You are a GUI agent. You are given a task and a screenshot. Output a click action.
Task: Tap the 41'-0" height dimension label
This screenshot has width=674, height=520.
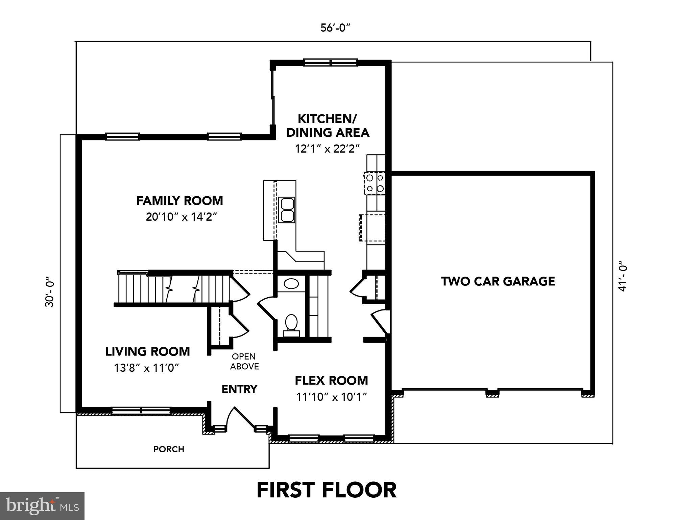(x=623, y=276)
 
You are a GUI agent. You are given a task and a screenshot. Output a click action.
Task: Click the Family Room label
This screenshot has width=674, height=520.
(x=179, y=201)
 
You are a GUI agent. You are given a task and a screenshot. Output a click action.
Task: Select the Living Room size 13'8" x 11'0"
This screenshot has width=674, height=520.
(x=146, y=368)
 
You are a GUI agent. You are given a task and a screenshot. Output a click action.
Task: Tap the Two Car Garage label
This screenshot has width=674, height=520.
(x=498, y=281)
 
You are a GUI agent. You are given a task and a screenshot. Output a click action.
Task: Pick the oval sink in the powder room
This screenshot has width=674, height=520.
(x=291, y=283)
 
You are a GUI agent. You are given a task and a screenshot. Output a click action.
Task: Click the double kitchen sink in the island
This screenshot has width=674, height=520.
(x=287, y=210)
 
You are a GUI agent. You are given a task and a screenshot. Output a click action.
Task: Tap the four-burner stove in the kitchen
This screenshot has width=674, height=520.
(x=375, y=183)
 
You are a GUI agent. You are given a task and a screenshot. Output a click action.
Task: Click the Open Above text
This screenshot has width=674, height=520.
(x=244, y=361)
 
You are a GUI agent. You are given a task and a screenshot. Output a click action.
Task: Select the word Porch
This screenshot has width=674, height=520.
(x=169, y=449)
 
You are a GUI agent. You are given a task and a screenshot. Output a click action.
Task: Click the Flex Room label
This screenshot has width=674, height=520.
(x=331, y=381)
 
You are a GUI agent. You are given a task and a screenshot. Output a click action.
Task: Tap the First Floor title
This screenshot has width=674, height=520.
(x=327, y=490)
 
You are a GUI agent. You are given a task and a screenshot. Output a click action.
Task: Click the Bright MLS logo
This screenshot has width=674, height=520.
(x=42, y=506)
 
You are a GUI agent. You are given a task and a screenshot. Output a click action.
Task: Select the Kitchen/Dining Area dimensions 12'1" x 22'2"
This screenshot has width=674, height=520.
(x=327, y=149)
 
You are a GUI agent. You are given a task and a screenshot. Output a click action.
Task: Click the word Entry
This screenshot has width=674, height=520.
(x=239, y=389)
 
